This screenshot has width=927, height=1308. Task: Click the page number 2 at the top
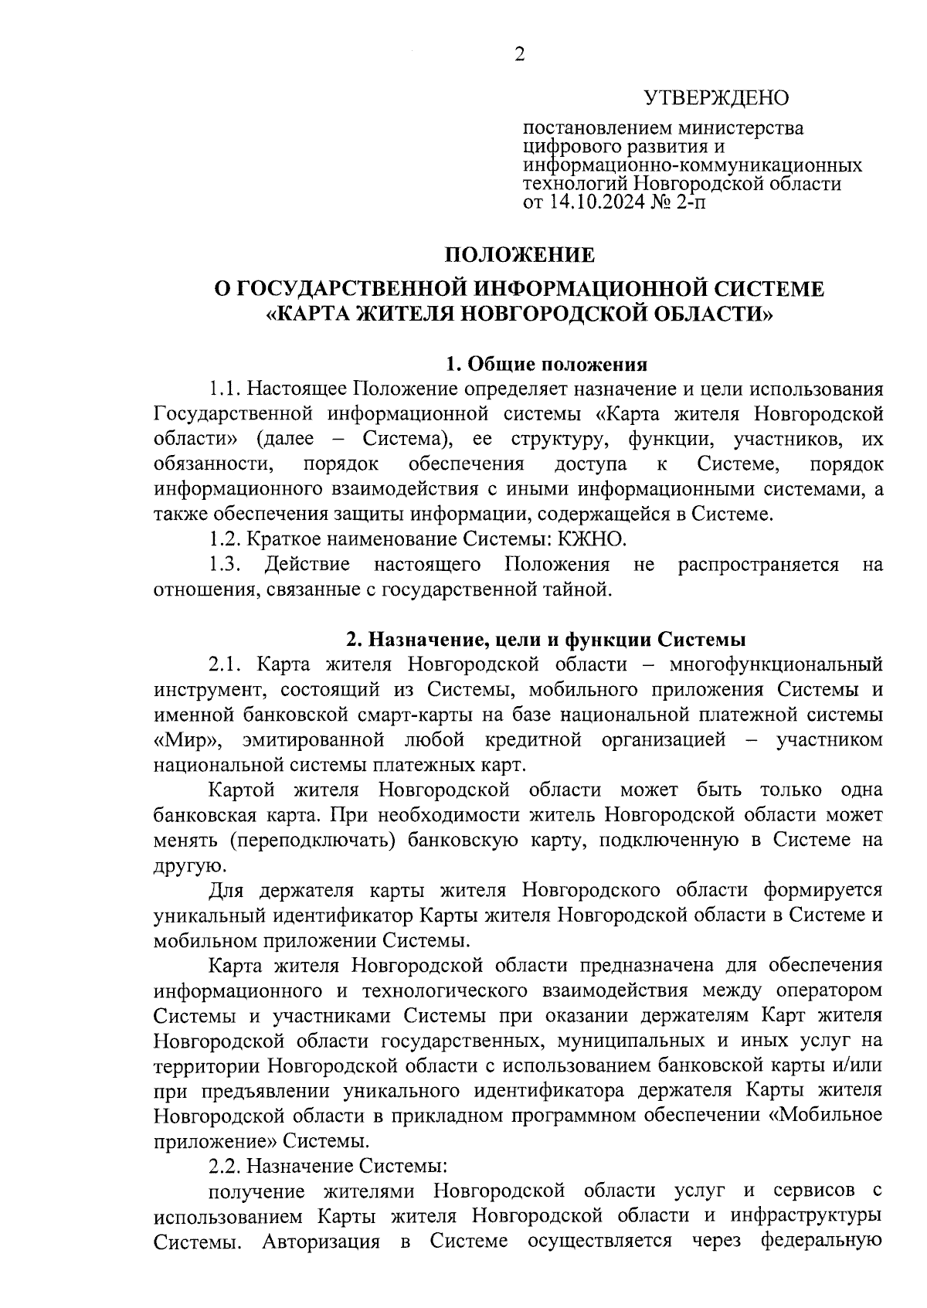[x=519, y=55]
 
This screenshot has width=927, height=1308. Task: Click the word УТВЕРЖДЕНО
[x=716, y=98]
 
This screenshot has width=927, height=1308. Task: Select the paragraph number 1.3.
[x=224, y=565]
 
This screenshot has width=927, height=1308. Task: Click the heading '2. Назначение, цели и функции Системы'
[x=545, y=639]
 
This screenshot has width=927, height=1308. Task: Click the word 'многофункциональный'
[x=776, y=664]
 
